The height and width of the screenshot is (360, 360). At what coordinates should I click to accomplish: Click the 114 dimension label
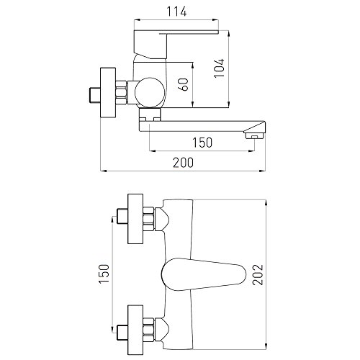176,12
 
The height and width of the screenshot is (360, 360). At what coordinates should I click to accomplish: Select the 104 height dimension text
220,68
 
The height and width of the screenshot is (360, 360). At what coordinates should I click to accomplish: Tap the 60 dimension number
184,84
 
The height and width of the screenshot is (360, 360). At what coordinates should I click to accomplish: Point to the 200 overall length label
183,163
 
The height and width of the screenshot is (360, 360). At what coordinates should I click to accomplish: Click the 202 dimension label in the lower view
258,274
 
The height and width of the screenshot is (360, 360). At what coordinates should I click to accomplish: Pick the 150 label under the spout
202,143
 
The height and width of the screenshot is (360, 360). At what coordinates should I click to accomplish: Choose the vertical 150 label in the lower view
104,274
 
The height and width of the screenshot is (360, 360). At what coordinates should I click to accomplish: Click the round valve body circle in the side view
150,92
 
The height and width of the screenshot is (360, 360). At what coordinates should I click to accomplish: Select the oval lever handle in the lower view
204,274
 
